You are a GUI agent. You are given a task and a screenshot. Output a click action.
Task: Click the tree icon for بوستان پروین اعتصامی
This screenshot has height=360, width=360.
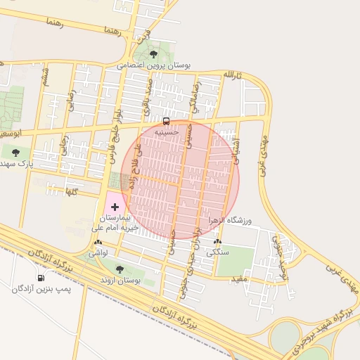154,53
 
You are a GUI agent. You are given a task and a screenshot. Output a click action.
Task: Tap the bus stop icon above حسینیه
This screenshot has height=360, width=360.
165,120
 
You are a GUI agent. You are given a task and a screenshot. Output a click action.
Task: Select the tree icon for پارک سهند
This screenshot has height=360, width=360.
15,152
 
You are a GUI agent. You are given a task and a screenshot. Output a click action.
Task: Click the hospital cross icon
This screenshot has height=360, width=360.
115,207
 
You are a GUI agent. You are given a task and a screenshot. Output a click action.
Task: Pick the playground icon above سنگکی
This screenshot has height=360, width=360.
217,243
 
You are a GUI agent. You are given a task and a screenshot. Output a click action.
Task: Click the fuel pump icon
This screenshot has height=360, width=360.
40,278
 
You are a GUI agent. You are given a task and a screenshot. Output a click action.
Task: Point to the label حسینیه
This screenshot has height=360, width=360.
167,131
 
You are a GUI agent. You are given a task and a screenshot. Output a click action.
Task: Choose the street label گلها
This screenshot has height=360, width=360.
70,191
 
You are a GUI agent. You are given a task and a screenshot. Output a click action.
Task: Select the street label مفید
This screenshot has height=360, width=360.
240,279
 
